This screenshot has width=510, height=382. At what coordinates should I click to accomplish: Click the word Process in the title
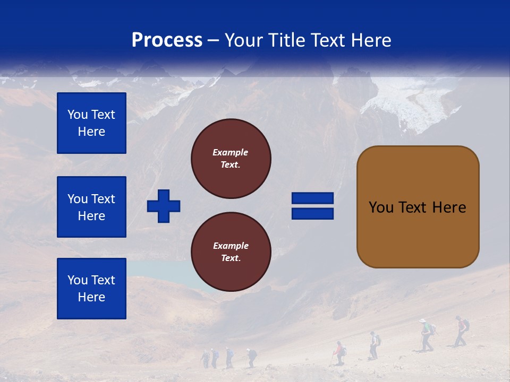(167, 40)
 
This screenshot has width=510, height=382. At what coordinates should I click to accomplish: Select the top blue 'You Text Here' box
(91, 123)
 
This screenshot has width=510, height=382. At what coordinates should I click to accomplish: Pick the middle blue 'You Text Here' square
(91, 207)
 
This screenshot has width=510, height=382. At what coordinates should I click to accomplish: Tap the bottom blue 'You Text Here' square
(91, 288)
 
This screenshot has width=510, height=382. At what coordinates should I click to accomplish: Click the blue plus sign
(164, 206)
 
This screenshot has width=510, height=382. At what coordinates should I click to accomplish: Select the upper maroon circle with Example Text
(231, 159)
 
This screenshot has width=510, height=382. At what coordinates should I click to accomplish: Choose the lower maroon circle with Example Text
(231, 251)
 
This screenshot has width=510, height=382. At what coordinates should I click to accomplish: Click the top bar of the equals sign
(312, 198)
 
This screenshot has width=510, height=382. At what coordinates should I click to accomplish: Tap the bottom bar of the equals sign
(312, 213)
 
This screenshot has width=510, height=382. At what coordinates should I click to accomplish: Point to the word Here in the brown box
(449, 207)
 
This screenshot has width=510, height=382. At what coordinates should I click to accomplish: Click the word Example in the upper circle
(230, 152)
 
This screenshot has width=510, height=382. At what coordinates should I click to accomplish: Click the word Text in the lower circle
(230, 258)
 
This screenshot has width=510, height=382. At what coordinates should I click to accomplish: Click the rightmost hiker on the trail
(461, 331)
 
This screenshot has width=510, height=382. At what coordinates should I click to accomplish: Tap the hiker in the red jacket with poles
(338, 353)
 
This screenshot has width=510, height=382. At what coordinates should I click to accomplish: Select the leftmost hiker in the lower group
(206, 359)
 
